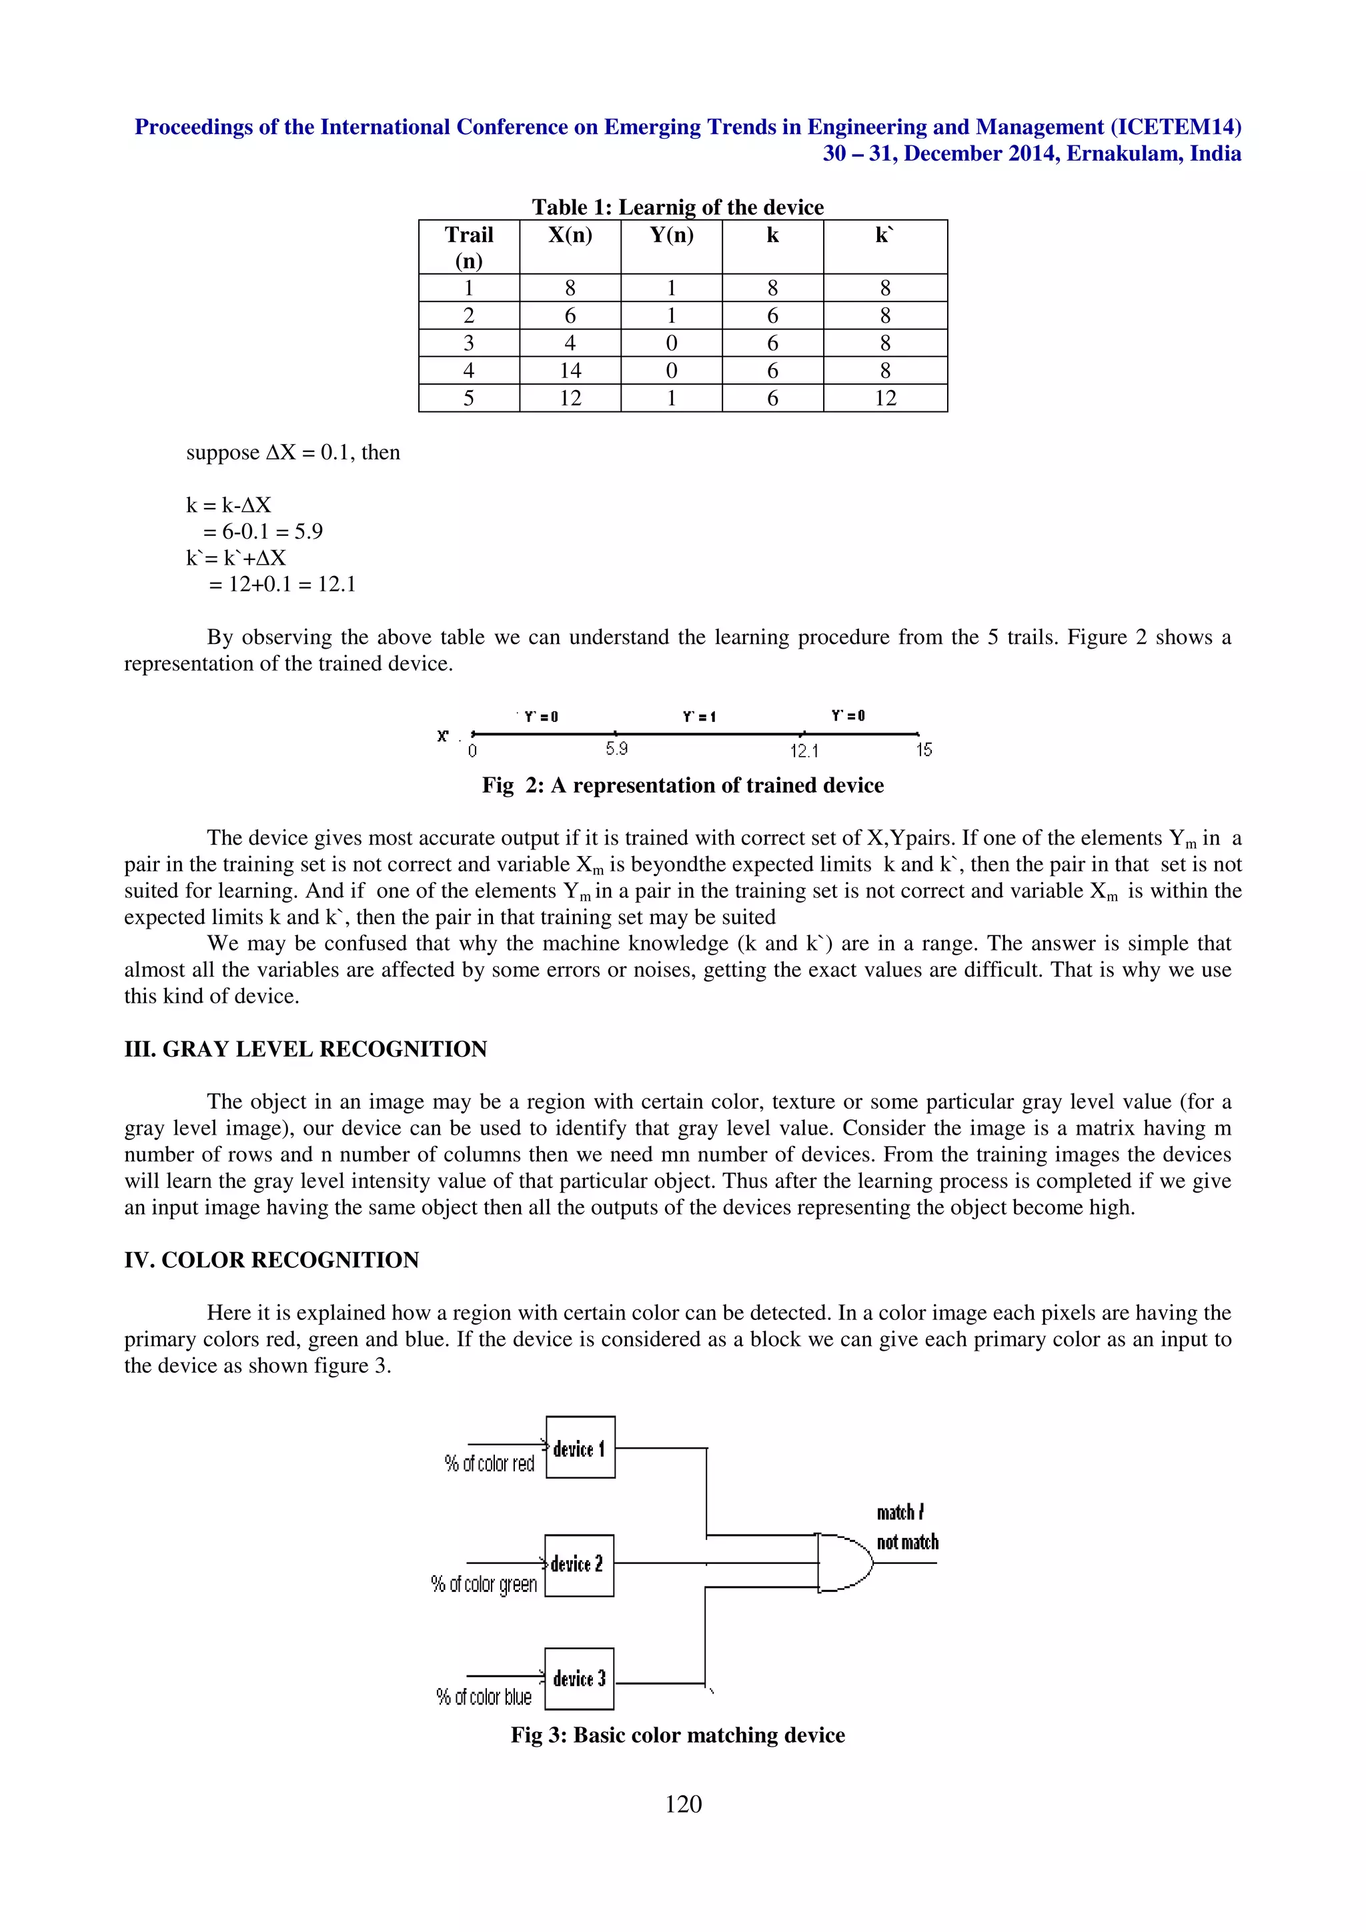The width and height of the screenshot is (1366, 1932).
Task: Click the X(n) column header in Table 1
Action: (570, 235)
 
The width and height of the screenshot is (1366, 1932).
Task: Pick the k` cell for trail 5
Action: (884, 398)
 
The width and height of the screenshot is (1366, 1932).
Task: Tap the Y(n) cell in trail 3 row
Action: (671, 343)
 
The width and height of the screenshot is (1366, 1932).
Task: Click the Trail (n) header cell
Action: (469, 247)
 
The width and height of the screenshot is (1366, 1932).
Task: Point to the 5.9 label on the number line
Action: (617, 749)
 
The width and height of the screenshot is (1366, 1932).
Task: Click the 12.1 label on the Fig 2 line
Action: (804, 751)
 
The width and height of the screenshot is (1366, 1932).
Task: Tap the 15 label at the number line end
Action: (923, 750)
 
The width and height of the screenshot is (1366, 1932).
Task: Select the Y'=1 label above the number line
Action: (698, 717)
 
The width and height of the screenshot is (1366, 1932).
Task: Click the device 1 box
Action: (580, 1448)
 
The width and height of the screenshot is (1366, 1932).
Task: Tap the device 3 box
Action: (579, 1679)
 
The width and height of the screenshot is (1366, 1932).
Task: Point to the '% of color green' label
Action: (484, 1585)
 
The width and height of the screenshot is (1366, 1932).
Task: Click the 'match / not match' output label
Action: (906, 1527)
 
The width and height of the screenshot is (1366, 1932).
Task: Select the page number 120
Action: (682, 1803)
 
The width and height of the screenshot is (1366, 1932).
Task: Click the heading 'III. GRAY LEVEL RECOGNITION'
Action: (305, 1049)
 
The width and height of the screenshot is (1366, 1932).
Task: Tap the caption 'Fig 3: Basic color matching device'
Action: (678, 1735)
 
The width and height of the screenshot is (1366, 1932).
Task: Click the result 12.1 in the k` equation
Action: (337, 585)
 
